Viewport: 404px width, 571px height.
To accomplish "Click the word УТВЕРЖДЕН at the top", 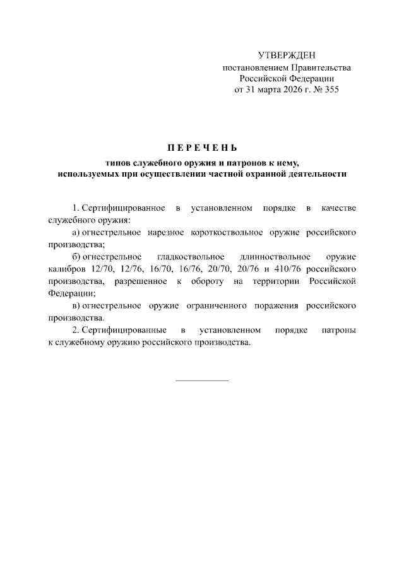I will (x=287, y=56).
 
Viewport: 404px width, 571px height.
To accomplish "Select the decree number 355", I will (x=331, y=90).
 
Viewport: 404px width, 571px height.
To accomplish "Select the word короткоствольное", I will (x=230, y=233).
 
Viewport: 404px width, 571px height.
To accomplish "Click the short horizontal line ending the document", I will (x=201, y=380).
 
